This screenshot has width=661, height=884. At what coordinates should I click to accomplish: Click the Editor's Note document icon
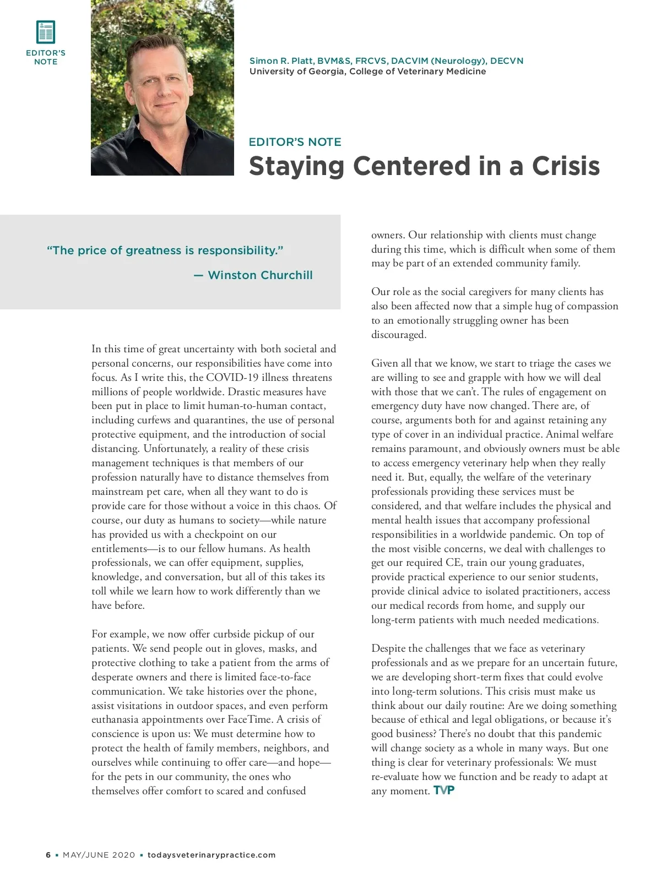click(x=46, y=32)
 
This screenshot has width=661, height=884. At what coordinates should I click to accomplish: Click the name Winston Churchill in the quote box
click(x=260, y=275)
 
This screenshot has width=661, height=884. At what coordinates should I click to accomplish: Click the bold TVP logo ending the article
click(x=444, y=790)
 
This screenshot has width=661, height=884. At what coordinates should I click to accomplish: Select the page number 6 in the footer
click(x=48, y=855)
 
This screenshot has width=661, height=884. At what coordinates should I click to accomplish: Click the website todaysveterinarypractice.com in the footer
click(x=212, y=855)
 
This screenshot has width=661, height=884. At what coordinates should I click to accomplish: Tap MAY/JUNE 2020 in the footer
click(x=99, y=855)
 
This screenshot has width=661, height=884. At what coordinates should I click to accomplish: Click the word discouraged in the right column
click(x=398, y=335)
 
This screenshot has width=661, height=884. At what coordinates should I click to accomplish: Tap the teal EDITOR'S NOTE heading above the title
click(x=295, y=142)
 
